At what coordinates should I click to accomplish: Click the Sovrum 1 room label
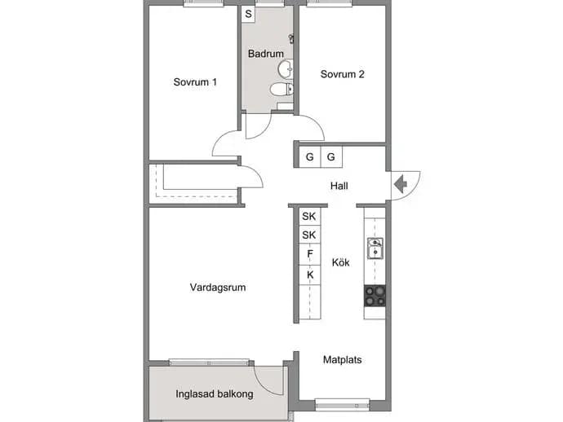pos(195,82)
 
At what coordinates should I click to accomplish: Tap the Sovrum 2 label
pos(342,74)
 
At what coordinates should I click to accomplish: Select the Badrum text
pos(266,54)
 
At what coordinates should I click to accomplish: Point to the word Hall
pos(339,186)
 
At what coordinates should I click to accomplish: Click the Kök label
pos(340,262)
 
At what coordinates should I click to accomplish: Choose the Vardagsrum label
pos(218,288)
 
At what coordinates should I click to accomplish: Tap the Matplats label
pos(342,359)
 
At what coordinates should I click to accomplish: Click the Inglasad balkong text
pos(215,394)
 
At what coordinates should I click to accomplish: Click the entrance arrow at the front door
pos(401,185)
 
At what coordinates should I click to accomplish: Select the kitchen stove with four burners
pos(375,296)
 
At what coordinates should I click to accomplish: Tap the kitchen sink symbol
pos(375,248)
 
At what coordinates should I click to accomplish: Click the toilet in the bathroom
pos(281,89)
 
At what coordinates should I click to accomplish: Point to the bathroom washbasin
pos(286,68)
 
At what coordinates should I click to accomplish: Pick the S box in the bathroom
pos(248,15)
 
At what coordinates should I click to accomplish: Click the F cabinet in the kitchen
pos(310,254)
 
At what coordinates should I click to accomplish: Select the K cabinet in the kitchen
pos(310,275)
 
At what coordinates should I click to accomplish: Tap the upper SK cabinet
pos(308,216)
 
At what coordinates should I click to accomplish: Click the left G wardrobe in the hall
pos(309,156)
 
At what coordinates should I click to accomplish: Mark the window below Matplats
pos(342,404)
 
